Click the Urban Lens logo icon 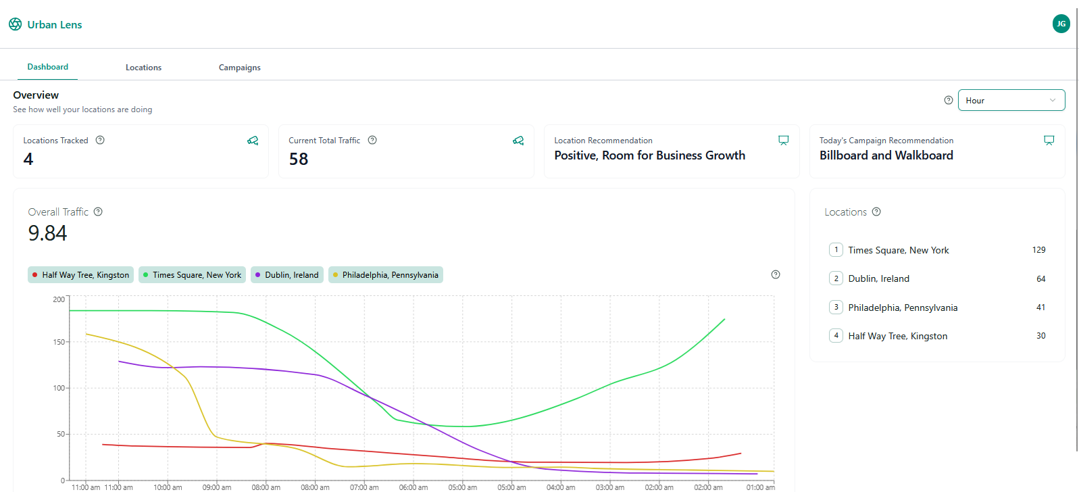tap(15, 24)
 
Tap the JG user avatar tap(1061, 24)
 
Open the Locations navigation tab tap(143, 68)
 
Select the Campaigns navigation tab tap(239, 68)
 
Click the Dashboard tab tap(48, 67)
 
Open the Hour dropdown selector tap(1011, 100)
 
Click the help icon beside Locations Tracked tap(100, 140)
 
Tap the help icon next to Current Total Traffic tap(372, 140)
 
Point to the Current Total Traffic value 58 tap(299, 159)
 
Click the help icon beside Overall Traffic tap(98, 212)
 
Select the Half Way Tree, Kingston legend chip tap(81, 275)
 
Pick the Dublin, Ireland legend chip tap(287, 275)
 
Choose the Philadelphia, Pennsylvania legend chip tap(385, 275)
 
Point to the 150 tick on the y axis tap(59, 342)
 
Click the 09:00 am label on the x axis tap(217, 487)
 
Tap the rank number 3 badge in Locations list tap(836, 307)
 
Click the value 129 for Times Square tap(1038, 250)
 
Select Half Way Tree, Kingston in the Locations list tap(897, 336)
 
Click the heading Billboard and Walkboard tap(886, 155)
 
